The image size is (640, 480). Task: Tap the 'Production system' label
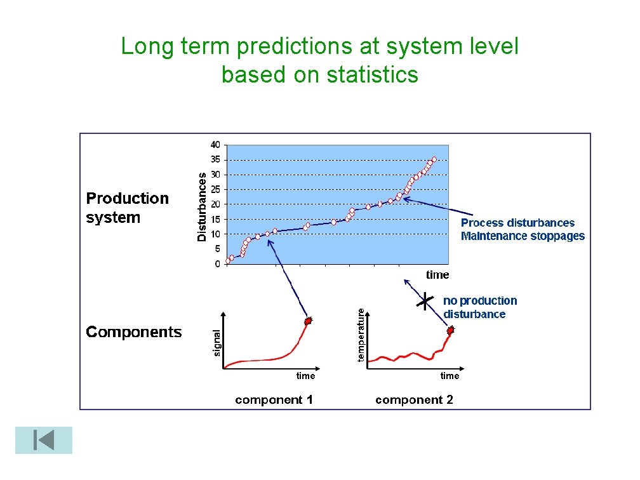click(x=128, y=208)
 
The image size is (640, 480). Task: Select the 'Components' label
click(x=134, y=332)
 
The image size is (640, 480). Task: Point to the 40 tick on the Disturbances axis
click(x=216, y=144)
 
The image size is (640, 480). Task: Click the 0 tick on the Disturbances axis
click(x=218, y=263)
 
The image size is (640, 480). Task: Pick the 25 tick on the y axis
click(x=216, y=189)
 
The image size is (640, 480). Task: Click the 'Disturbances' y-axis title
click(x=202, y=206)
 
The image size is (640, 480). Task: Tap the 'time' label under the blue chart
click(x=437, y=275)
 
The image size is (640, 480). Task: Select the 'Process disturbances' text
click(x=517, y=223)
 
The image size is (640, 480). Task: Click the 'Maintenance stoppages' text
click(x=523, y=236)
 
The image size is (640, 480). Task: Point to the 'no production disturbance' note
click(x=480, y=307)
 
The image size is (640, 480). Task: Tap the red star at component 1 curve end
click(x=309, y=322)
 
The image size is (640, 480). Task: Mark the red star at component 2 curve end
click(x=451, y=331)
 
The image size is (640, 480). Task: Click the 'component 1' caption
click(x=274, y=399)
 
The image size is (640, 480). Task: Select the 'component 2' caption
click(x=414, y=399)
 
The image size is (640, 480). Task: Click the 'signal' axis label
click(x=217, y=342)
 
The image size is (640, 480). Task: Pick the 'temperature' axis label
click(x=361, y=335)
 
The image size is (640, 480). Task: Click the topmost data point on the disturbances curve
click(x=434, y=159)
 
